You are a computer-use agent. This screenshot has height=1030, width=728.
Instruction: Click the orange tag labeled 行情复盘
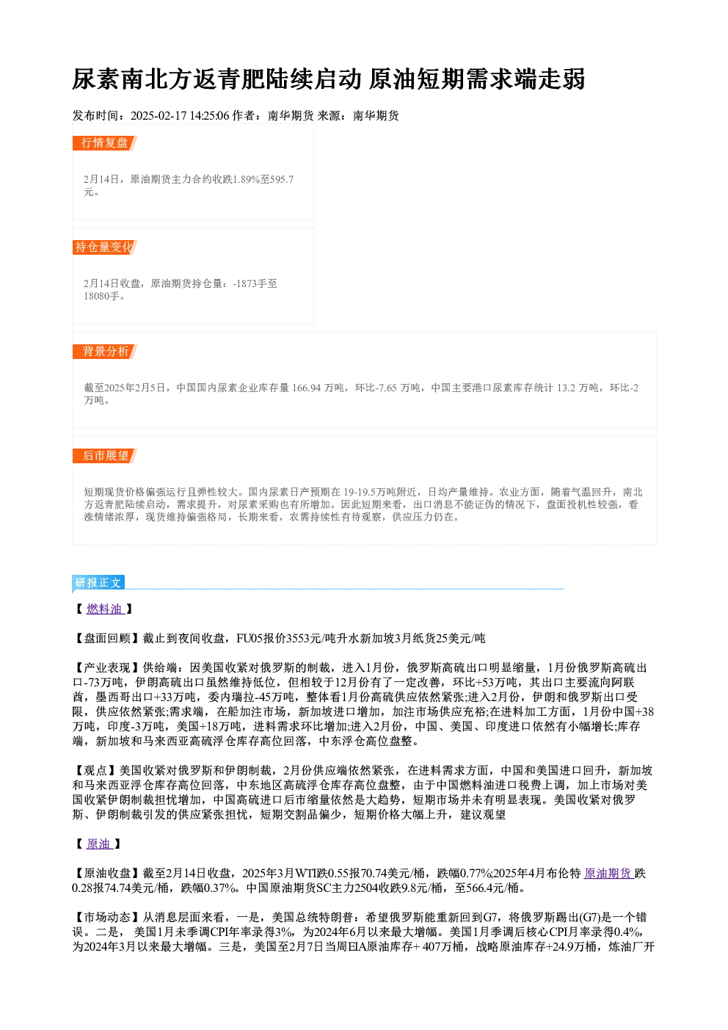click(x=105, y=143)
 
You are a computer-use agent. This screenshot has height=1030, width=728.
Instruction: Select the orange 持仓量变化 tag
click(x=105, y=247)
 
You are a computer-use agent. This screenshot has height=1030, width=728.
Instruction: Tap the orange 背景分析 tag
click(x=105, y=352)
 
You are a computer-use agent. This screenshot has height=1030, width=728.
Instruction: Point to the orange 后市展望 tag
click(x=105, y=456)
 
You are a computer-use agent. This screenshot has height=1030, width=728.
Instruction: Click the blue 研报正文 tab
click(x=98, y=583)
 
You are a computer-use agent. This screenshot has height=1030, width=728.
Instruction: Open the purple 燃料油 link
click(x=105, y=609)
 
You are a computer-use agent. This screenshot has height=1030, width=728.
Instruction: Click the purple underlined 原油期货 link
click(x=608, y=873)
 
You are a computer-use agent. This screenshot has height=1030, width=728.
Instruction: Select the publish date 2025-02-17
click(x=159, y=116)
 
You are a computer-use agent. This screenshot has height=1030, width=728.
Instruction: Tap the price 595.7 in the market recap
click(x=283, y=179)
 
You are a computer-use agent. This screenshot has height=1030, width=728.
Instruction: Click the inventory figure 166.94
click(x=306, y=388)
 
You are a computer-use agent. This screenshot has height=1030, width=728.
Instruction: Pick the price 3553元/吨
click(x=305, y=639)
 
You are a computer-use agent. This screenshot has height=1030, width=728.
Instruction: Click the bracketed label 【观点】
click(x=95, y=771)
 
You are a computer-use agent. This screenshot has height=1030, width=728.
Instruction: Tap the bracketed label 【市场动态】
click(x=108, y=918)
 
